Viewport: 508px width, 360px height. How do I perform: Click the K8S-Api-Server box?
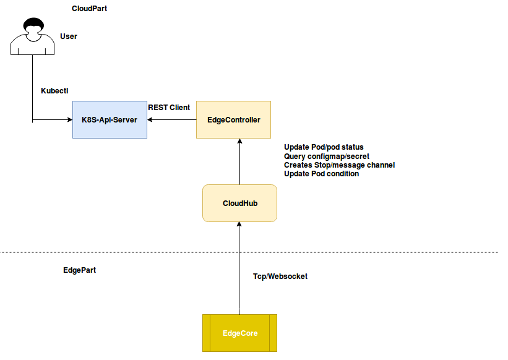coord(110,119)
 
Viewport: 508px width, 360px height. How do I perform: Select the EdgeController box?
coord(233,119)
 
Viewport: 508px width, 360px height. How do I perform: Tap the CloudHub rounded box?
coord(239,203)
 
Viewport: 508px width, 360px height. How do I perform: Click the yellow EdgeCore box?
coord(239,333)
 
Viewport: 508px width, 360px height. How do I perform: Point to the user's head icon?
coord(33,27)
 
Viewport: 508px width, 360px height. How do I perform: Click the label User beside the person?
coord(68,36)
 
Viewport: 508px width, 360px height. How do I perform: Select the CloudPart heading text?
coord(89,9)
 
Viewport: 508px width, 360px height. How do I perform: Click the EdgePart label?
coord(79,271)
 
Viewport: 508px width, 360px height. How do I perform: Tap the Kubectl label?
coord(54,90)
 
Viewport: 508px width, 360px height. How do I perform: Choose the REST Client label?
coord(169,108)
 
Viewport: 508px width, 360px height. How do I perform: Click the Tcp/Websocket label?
coord(280,276)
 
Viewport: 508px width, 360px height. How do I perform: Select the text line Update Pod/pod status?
coord(324,147)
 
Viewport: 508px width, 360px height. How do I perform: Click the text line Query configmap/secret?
coord(326,156)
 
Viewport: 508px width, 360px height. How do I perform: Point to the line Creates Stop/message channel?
coord(339,165)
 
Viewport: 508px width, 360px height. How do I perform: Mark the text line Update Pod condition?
coord(321,174)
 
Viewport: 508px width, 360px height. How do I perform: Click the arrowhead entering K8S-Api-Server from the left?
coord(69,119)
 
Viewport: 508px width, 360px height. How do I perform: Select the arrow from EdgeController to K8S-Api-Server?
coord(172,119)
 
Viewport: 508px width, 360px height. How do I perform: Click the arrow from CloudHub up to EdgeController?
coord(239,162)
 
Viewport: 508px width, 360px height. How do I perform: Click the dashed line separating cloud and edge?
coord(371,252)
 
